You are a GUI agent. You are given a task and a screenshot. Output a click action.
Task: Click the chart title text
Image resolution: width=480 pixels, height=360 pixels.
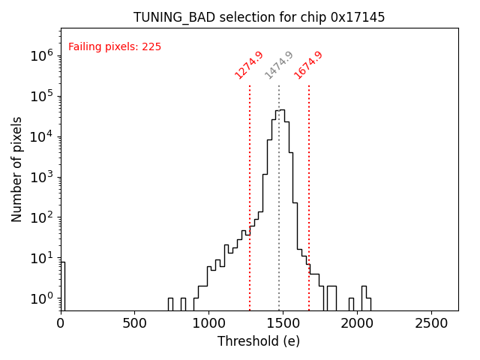click(x=259, y=17)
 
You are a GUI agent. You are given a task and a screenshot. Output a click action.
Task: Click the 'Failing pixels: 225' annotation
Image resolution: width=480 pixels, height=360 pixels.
click(x=115, y=46)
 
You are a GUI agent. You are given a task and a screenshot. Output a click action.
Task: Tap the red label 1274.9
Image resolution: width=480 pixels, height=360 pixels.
click(x=249, y=65)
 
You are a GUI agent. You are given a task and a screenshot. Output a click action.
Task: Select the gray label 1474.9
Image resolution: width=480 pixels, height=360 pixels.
click(x=279, y=65)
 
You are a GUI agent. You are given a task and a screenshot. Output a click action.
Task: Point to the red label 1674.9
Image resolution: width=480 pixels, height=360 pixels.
click(x=308, y=65)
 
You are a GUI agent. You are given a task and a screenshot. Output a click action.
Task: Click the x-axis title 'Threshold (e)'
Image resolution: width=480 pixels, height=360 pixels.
click(x=259, y=341)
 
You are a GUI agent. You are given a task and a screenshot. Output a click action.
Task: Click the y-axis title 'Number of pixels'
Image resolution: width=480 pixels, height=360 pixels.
click(x=17, y=169)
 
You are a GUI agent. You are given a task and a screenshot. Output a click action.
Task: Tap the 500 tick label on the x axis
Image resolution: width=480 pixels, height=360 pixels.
click(x=134, y=323)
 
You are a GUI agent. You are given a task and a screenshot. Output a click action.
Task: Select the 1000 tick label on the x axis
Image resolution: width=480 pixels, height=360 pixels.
click(x=208, y=323)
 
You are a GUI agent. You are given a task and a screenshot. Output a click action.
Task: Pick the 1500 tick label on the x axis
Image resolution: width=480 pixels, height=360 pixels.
click(x=283, y=323)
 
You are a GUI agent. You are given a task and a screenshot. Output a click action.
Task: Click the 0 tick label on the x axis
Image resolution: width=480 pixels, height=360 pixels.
click(x=61, y=323)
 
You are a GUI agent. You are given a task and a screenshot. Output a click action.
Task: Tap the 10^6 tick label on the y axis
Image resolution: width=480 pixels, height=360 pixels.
click(x=42, y=55)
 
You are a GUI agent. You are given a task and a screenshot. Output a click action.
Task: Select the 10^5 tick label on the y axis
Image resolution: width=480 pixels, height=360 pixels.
click(x=42, y=96)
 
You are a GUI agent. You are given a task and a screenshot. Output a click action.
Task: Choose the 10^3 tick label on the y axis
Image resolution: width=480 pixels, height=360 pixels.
click(x=42, y=177)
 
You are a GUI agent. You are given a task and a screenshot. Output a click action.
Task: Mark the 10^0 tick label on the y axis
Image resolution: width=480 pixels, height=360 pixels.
click(x=42, y=298)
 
